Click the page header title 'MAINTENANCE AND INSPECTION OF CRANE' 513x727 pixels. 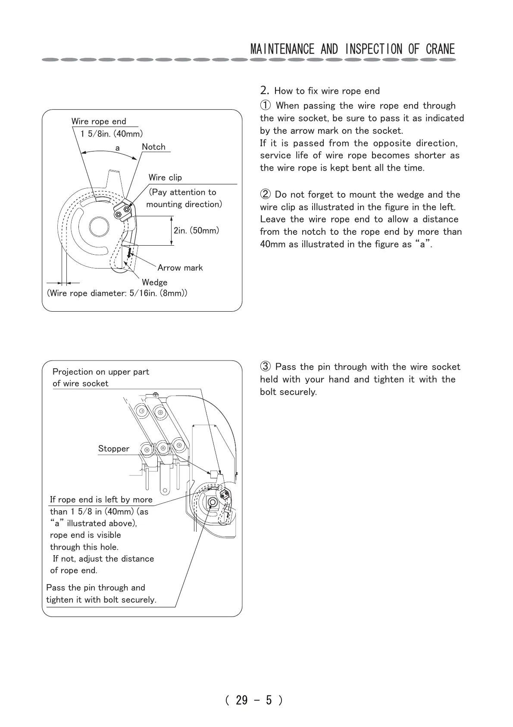(x=352, y=49)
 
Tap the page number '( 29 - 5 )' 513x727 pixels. (x=254, y=700)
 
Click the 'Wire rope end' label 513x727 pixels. (x=99, y=121)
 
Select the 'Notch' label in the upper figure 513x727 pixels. (x=153, y=147)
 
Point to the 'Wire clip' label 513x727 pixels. (x=165, y=177)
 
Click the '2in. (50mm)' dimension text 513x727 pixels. (x=196, y=231)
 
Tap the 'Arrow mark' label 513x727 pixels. (x=180, y=268)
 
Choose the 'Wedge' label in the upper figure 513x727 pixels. (x=154, y=282)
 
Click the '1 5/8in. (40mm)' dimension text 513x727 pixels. (x=112, y=134)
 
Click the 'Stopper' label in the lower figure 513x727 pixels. (x=113, y=449)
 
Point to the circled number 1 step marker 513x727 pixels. (x=266, y=106)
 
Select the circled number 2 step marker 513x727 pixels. (x=266, y=195)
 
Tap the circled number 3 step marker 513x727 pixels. (x=266, y=367)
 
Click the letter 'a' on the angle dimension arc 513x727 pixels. (x=117, y=148)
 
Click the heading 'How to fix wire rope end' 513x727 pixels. (x=327, y=91)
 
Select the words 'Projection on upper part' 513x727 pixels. (x=100, y=372)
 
